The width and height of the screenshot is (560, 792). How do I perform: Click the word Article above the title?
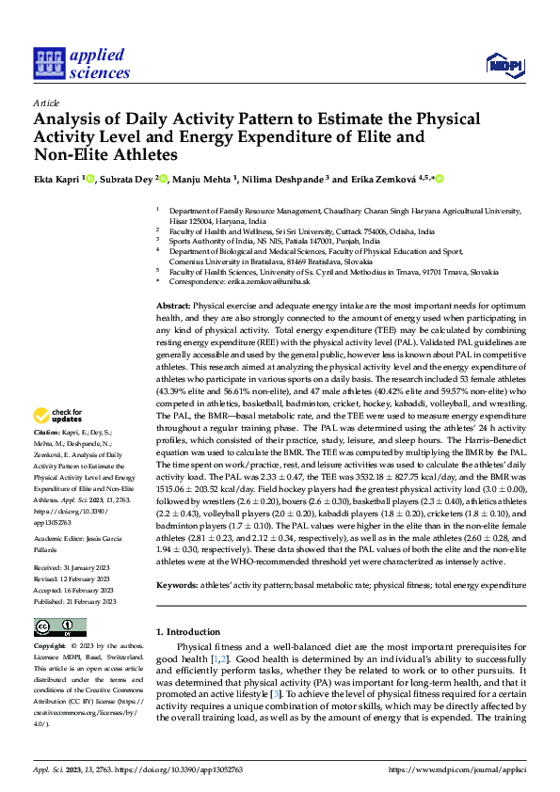tap(46, 103)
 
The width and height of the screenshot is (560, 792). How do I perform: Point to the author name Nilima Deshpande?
tap(280, 179)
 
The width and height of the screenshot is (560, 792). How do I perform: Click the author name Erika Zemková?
tap(376, 179)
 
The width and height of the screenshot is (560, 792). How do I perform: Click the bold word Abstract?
tap(172, 307)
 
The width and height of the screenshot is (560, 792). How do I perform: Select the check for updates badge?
tap(59, 416)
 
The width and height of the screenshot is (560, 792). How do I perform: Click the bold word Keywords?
tap(177, 584)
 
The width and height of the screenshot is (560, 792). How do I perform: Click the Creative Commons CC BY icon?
tap(59, 627)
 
